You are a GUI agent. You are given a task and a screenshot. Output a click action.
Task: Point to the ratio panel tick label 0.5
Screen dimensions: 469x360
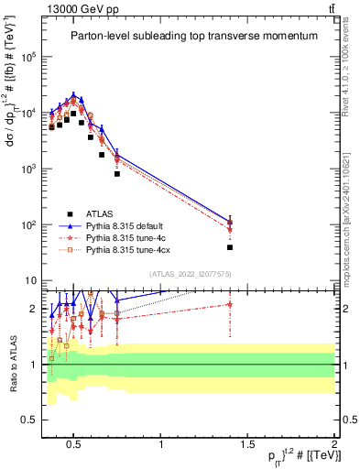(x=27, y=420)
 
